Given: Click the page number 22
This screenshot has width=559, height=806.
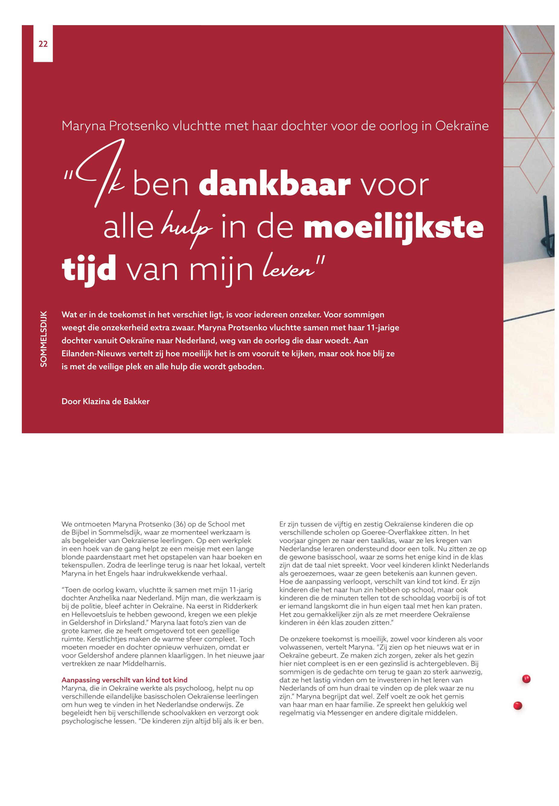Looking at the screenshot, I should point(43,44).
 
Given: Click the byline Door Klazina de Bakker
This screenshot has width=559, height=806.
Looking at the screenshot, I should point(105,401).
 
